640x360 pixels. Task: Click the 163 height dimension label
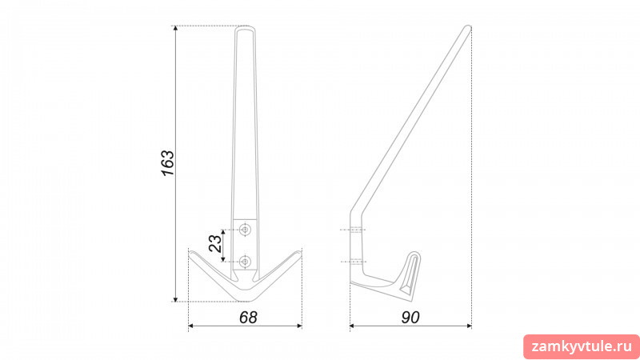pos(168,163)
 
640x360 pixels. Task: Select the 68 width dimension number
pos(248,318)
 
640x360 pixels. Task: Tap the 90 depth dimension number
pos(410,318)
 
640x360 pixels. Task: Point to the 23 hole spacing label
pos(215,243)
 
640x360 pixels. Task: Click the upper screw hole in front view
pos(245,230)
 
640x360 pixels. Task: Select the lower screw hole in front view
pos(245,262)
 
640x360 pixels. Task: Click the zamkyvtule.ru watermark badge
pos(582,347)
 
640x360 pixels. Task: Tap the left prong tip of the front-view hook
pos(190,252)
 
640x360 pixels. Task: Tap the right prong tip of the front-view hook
pos(300,252)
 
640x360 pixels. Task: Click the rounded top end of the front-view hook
pos(246,29)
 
